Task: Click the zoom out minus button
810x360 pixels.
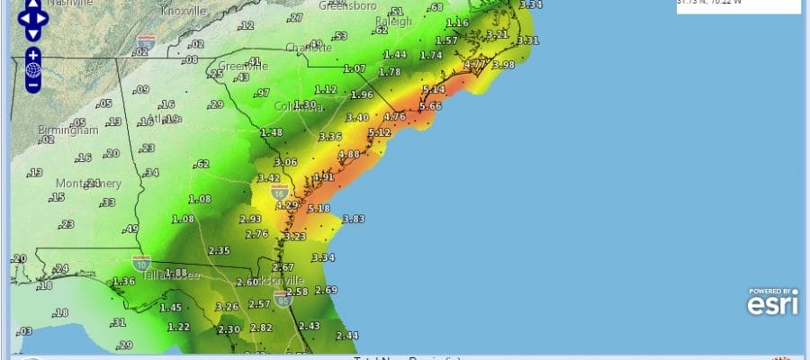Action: pos(33,85)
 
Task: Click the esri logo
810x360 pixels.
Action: pos(771,303)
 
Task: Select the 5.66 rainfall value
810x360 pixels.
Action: pos(430,106)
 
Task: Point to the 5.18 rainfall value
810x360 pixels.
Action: pos(319,209)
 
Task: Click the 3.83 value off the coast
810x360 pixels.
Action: pos(353,219)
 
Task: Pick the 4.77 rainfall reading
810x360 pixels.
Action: pos(474,65)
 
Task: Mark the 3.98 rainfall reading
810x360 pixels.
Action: pos(503,65)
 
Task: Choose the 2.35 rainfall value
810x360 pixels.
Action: pos(220,250)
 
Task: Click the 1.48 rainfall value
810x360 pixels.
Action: pos(271,132)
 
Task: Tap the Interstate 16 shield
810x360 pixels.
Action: pos(281,192)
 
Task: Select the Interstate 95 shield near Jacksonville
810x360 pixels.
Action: pos(282,298)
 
